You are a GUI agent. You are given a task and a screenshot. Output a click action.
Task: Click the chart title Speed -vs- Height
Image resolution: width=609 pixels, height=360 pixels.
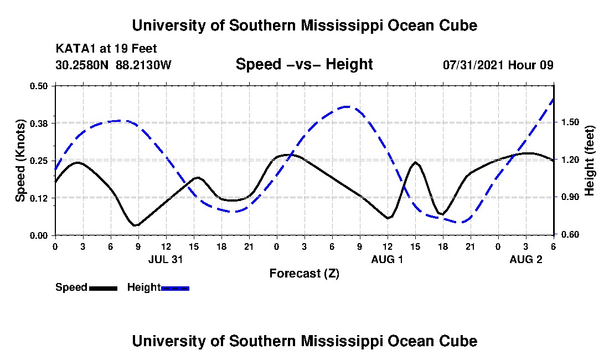click(304, 65)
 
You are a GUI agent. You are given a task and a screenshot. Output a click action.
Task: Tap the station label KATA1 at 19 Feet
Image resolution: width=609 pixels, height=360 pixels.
click(102, 49)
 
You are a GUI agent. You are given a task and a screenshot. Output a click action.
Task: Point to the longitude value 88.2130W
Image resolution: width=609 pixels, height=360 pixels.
click(144, 65)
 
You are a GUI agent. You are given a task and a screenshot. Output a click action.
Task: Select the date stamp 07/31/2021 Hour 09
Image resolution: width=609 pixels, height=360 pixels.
click(498, 65)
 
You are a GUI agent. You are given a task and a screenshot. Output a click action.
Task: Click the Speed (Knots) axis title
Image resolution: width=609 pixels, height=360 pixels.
click(20, 160)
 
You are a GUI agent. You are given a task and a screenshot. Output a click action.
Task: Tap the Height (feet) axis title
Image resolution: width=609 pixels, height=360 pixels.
click(590, 161)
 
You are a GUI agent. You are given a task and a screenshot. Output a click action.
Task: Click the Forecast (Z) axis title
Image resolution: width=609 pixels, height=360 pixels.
click(304, 273)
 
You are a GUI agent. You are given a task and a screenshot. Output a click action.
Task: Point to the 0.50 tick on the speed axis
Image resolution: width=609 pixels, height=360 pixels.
click(39, 86)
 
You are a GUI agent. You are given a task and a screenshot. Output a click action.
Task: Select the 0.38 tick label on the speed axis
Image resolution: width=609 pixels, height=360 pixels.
click(39, 123)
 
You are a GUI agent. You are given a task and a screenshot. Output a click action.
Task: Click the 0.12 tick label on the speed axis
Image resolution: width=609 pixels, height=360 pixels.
click(39, 198)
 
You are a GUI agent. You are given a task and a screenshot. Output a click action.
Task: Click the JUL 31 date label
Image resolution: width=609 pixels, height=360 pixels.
click(166, 259)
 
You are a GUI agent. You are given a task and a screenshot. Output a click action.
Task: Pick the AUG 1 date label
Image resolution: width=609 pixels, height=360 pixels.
click(387, 259)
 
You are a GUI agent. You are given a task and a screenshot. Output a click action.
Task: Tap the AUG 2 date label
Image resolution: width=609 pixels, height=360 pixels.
click(525, 259)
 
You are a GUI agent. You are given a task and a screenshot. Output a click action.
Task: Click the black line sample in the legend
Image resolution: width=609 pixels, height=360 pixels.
click(103, 288)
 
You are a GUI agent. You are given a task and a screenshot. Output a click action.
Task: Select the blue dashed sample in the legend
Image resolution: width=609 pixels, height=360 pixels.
click(175, 288)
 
